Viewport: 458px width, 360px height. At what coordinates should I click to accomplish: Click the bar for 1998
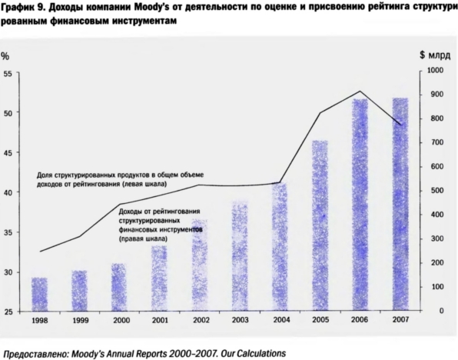pyautogui.click(x=39, y=294)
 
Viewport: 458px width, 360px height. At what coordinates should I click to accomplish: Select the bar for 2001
pyautogui.click(x=160, y=278)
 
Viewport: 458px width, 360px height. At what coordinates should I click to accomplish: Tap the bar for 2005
pyautogui.click(x=320, y=225)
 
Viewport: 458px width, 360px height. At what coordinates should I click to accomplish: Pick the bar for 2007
pyautogui.click(x=400, y=204)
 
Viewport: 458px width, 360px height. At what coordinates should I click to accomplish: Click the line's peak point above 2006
pyautogui.click(x=360, y=91)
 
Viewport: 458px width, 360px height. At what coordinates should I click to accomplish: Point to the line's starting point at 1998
pyautogui.click(x=40, y=252)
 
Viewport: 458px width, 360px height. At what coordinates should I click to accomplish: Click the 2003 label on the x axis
pyautogui.click(x=241, y=320)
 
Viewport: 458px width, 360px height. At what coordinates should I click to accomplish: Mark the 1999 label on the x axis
pyautogui.click(x=81, y=321)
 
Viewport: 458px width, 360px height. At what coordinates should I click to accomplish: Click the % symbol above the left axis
pyautogui.click(x=5, y=56)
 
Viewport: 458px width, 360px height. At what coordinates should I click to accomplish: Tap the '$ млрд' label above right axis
pyautogui.click(x=435, y=55)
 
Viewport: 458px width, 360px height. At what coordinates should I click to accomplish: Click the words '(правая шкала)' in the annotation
pyautogui.click(x=143, y=239)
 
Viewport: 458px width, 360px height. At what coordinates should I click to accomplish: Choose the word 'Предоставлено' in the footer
pyautogui.click(x=35, y=354)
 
